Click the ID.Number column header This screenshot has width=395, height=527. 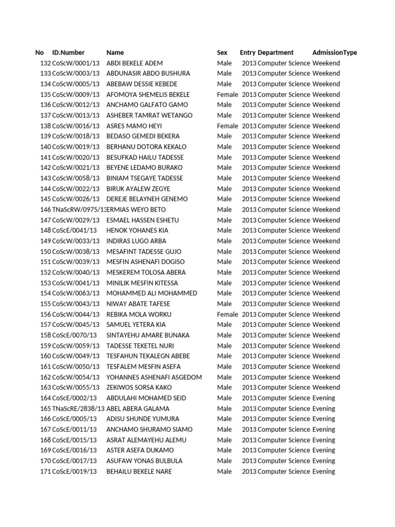68,52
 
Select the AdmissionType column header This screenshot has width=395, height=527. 334,52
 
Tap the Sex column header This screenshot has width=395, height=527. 222,52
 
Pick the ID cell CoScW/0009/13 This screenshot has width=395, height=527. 76,94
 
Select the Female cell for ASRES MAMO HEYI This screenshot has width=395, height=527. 227,126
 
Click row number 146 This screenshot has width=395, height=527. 45,209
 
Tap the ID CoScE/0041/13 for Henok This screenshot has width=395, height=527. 74,230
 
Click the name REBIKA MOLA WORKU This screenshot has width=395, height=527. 139,314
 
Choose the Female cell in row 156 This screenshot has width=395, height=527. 227,314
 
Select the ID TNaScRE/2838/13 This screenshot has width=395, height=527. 78,408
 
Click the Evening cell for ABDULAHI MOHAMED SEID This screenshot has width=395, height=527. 324,398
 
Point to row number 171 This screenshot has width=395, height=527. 45,471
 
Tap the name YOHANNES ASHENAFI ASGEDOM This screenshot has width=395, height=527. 154,377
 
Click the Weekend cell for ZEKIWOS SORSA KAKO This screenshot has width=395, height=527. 326,387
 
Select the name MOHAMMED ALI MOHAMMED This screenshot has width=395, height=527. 152,293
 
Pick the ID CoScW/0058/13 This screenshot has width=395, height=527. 76,178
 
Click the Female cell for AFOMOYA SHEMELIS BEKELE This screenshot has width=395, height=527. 227,94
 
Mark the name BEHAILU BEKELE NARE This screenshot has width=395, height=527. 139,471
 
